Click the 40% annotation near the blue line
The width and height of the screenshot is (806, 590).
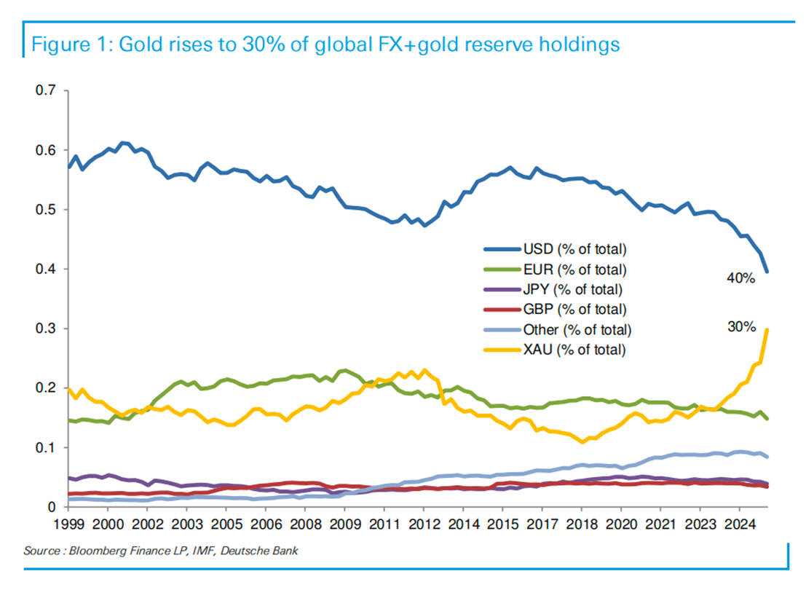pos(741,279)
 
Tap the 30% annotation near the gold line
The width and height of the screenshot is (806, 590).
pos(741,328)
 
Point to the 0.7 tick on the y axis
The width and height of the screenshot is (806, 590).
pos(46,91)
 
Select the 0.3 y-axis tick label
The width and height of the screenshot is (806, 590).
pos(46,329)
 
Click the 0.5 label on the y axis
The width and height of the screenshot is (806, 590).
pos(46,210)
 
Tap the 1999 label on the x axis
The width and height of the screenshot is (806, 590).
pos(68,524)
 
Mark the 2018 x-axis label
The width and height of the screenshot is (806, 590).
pos(582,524)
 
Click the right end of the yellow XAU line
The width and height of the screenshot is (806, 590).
pos(767,330)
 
